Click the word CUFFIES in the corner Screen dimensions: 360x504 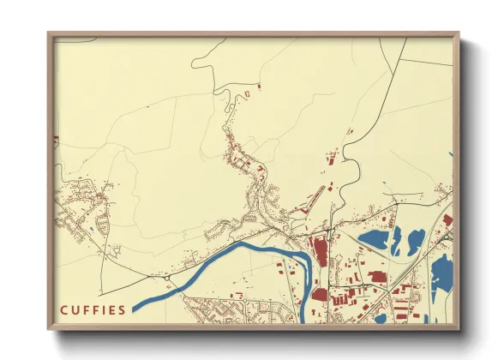pos(93,309)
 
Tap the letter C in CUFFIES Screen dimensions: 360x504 pos(64,309)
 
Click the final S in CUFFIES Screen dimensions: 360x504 pos(123,309)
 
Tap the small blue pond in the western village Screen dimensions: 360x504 pos(91,229)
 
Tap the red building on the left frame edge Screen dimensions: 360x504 pos(57,138)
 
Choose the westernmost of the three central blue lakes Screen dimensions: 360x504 pos(375,237)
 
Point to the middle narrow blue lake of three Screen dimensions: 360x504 pos(397,243)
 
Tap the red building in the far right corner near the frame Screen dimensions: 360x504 pos(447,220)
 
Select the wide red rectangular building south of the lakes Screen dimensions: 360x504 pos(377,277)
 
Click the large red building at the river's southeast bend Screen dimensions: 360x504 pos(320,295)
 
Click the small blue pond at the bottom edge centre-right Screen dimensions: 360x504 pos(380,319)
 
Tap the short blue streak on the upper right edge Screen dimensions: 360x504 pos(450,154)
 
